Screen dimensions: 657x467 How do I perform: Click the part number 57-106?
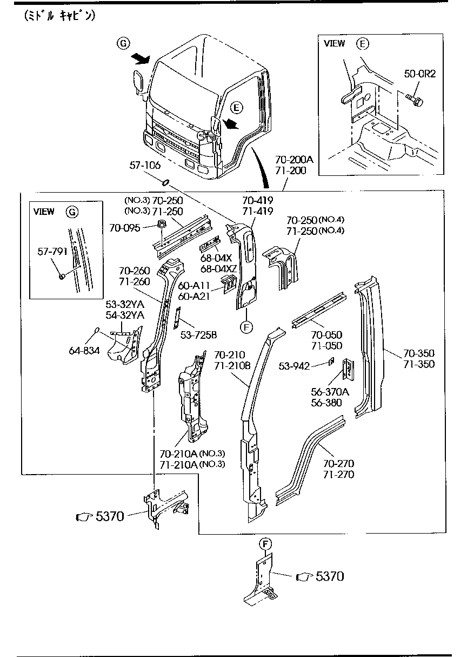144,165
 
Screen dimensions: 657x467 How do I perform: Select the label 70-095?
125,228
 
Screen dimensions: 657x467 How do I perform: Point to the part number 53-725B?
198,336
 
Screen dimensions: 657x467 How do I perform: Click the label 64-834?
84,350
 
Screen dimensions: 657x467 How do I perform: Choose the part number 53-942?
294,366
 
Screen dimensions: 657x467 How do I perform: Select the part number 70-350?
419,353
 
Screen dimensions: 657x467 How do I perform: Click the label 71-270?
339,475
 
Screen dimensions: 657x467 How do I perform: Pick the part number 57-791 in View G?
52,252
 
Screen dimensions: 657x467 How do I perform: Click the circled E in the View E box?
362,44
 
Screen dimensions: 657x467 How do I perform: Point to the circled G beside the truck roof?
124,43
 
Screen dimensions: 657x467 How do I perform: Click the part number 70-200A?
294,160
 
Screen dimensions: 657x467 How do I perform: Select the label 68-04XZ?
219,269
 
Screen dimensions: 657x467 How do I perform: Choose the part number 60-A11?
194,285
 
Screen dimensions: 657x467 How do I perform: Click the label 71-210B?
232,366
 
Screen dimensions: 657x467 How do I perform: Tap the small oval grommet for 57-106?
166,181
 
